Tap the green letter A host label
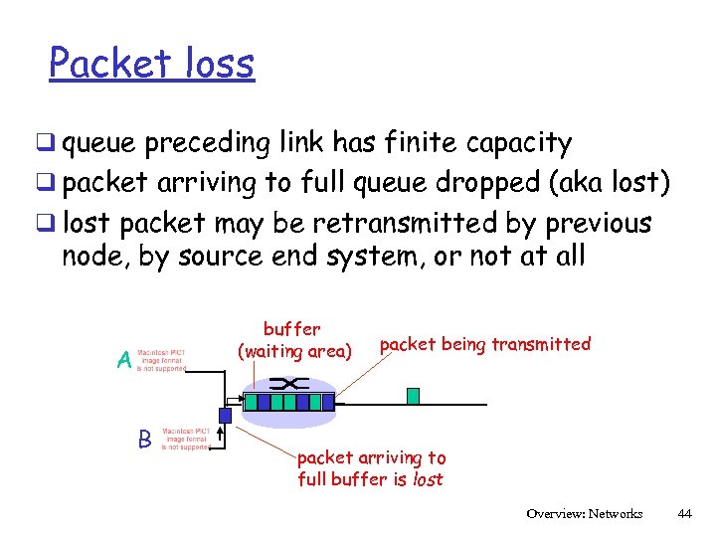tap(124, 361)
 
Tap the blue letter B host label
tap(144, 438)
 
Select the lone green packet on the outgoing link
tap(414, 396)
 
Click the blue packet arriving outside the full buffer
tap(225, 415)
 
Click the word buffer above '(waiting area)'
tap(291, 328)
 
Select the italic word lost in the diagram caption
tap(429, 479)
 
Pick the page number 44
tap(683, 514)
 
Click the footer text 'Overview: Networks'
tap(585, 514)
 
